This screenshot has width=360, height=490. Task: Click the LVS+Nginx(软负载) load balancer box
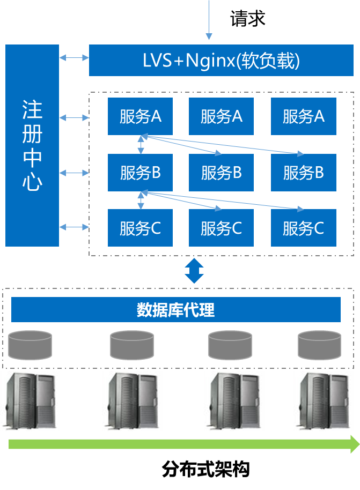coord(221,61)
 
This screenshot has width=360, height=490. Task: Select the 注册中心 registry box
coord(32,145)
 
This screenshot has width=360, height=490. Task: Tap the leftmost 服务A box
coord(140,116)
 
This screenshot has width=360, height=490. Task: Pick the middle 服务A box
coord(222,116)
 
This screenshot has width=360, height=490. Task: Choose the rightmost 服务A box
coord(303,116)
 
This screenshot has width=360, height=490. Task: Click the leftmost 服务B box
coord(140,173)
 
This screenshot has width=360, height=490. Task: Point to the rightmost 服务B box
coord(303,173)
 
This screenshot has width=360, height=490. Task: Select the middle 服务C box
coord(222,228)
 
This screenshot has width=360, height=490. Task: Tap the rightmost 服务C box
coord(303,228)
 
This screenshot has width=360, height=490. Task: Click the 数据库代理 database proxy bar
coord(176,310)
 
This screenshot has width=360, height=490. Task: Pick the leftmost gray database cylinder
coord(30,345)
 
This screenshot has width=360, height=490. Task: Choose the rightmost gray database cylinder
coord(319,345)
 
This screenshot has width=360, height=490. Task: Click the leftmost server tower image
coord(30,401)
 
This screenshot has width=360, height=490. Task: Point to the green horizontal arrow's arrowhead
coord(355,444)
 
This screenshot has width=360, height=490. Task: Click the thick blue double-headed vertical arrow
coord(194,271)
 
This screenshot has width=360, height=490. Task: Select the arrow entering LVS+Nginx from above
coord(209,21)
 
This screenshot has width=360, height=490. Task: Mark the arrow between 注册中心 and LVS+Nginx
coord(74,57)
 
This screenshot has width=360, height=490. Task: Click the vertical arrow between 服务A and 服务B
coord(141,144)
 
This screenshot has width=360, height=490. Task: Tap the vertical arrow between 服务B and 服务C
coord(141,200)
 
